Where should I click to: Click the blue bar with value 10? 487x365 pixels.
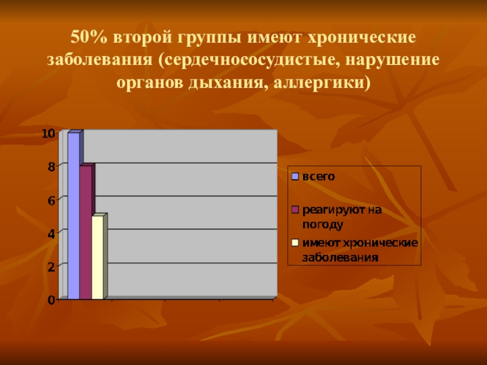pyautogui.click(x=73, y=216)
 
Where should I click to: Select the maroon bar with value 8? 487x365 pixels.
pyautogui.click(x=85, y=232)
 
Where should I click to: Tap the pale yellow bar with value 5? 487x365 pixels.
pyautogui.click(x=97, y=257)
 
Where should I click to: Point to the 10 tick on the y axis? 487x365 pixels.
pyautogui.click(x=48, y=133)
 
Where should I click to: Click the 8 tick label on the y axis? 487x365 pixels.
pyautogui.click(x=51, y=167)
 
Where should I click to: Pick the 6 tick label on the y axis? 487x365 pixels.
pyautogui.click(x=51, y=200)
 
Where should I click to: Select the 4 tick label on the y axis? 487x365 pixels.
pyautogui.click(x=51, y=233)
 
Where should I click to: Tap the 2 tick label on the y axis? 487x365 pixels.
pyautogui.click(x=51, y=266)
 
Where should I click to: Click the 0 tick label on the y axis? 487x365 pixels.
pyautogui.click(x=51, y=299)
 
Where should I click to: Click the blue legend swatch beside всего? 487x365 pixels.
pyautogui.click(x=295, y=177)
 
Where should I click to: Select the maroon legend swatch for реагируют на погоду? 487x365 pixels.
pyautogui.click(x=295, y=210)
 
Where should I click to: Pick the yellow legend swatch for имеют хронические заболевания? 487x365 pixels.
pyautogui.click(x=295, y=243)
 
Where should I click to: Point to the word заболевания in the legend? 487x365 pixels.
pyautogui.click(x=341, y=257)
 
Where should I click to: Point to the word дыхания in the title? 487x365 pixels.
pyautogui.click(x=231, y=82)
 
